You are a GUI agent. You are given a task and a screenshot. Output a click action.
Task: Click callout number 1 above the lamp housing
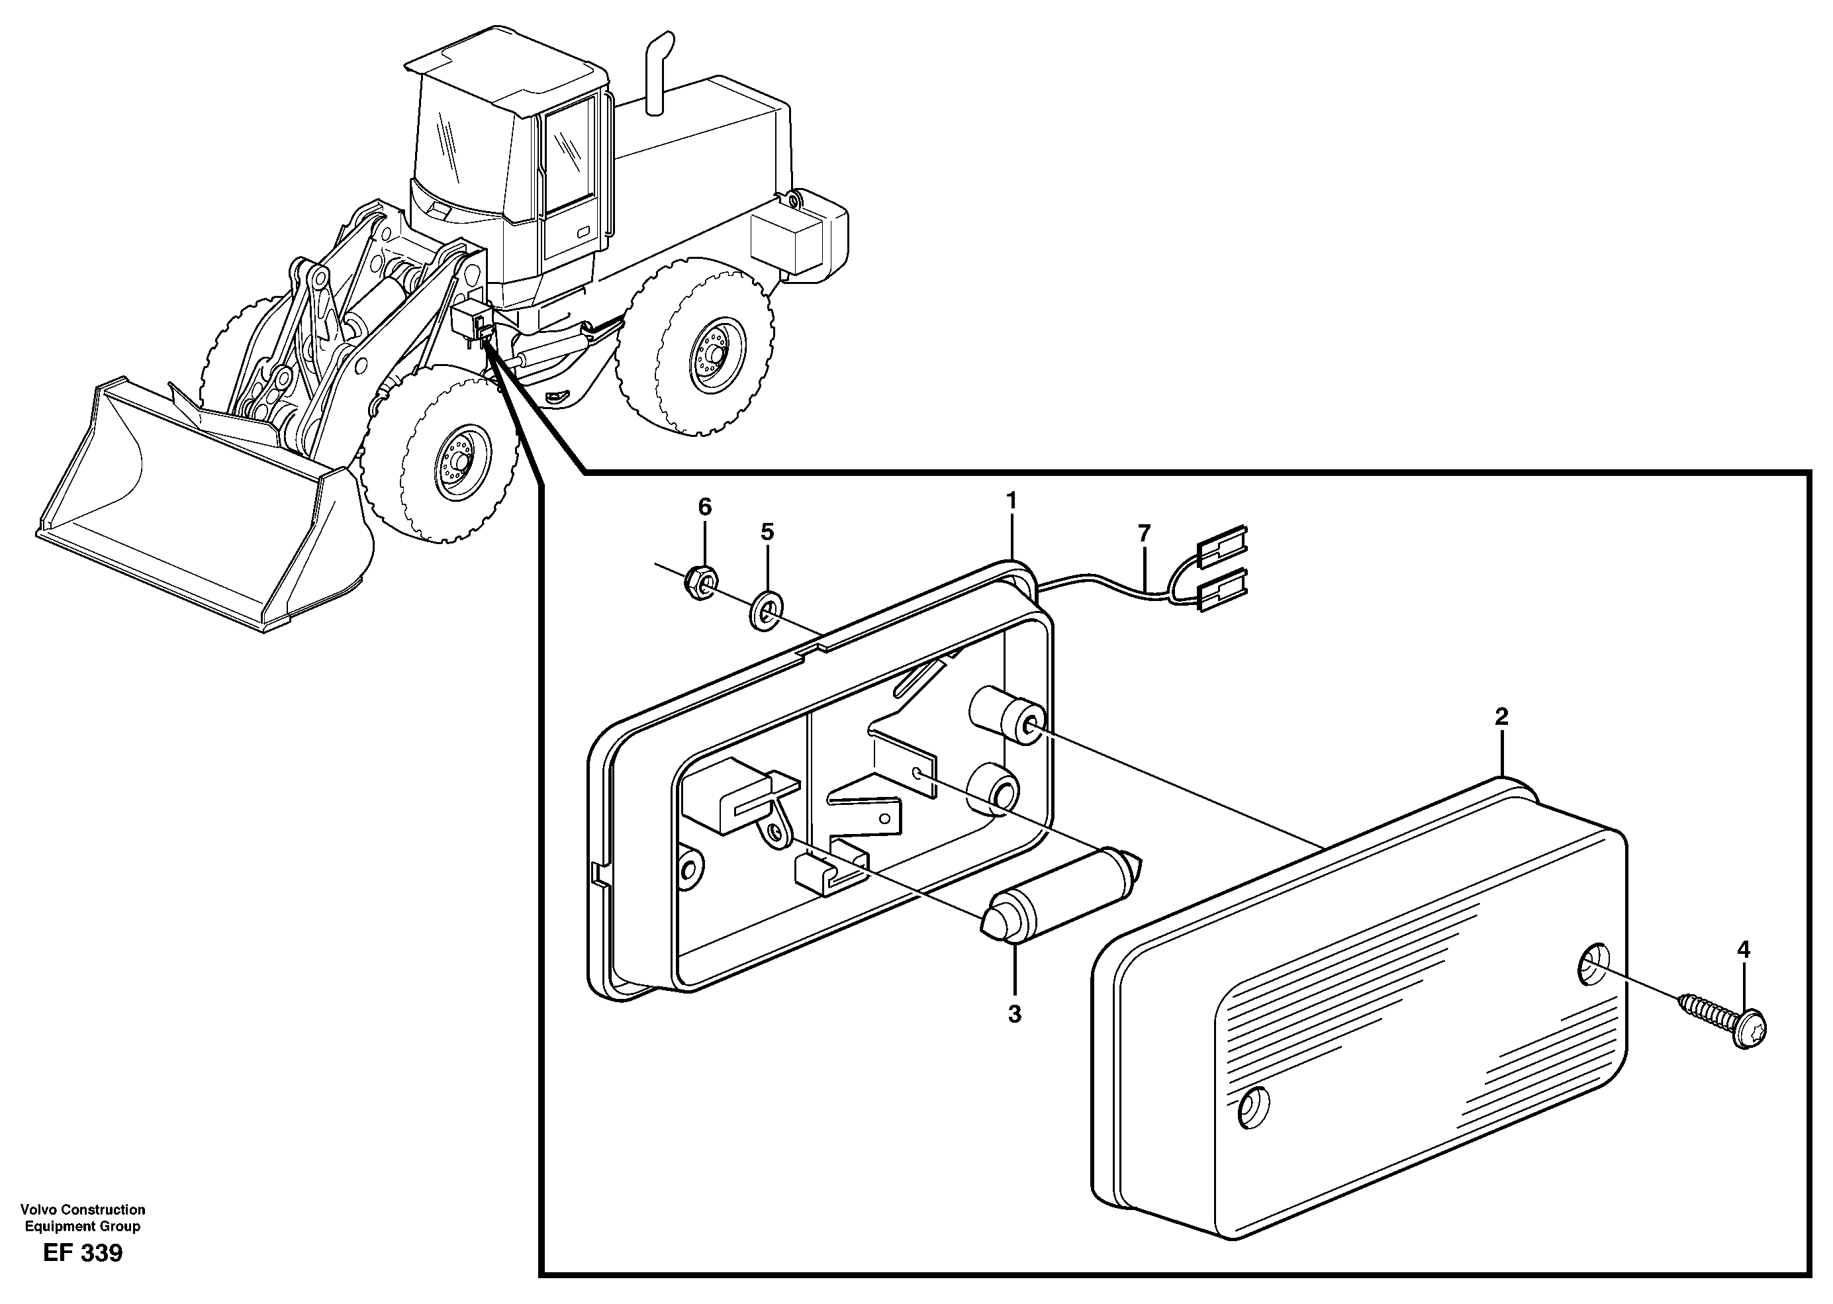click(x=1011, y=501)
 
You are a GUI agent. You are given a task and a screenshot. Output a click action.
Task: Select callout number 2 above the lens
click(x=1501, y=716)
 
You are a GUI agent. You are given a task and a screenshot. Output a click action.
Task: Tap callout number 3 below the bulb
click(x=1014, y=1014)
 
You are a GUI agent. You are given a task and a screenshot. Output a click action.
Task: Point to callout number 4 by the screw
click(x=1742, y=950)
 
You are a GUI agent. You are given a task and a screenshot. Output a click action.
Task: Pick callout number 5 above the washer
click(x=767, y=532)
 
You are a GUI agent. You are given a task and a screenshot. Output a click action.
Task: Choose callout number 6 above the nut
click(x=704, y=506)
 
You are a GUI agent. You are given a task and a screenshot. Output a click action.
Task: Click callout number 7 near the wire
click(x=1143, y=532)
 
